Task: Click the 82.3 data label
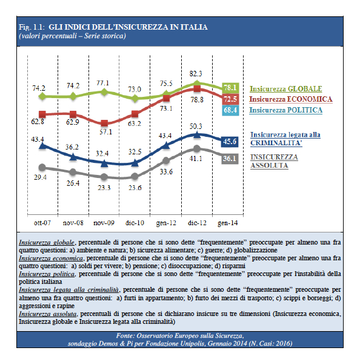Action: pos(196,74)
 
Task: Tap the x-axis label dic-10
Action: pos(135,223)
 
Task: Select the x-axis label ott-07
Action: pos(42,223)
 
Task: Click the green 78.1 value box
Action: pos(230,88)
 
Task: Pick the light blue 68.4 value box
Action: pos(230,110)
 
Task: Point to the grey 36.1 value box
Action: pos(230,159)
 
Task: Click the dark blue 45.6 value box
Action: pos(230,141)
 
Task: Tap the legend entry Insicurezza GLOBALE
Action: pos(286,89)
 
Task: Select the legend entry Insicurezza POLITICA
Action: pos(286,110)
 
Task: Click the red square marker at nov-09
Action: pos(104,123)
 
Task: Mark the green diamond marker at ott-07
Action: pos(42,96)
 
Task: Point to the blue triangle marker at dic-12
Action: pos(197,134)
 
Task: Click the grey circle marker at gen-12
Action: pos(166,160)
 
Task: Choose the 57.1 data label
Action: pos(105,132)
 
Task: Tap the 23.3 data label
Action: pos(104,188)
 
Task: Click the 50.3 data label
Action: pos(196,127)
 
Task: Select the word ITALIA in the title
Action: pos(194,27)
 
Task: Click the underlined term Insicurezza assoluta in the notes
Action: pos(48,314)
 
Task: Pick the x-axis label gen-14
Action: pos(228,223)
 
